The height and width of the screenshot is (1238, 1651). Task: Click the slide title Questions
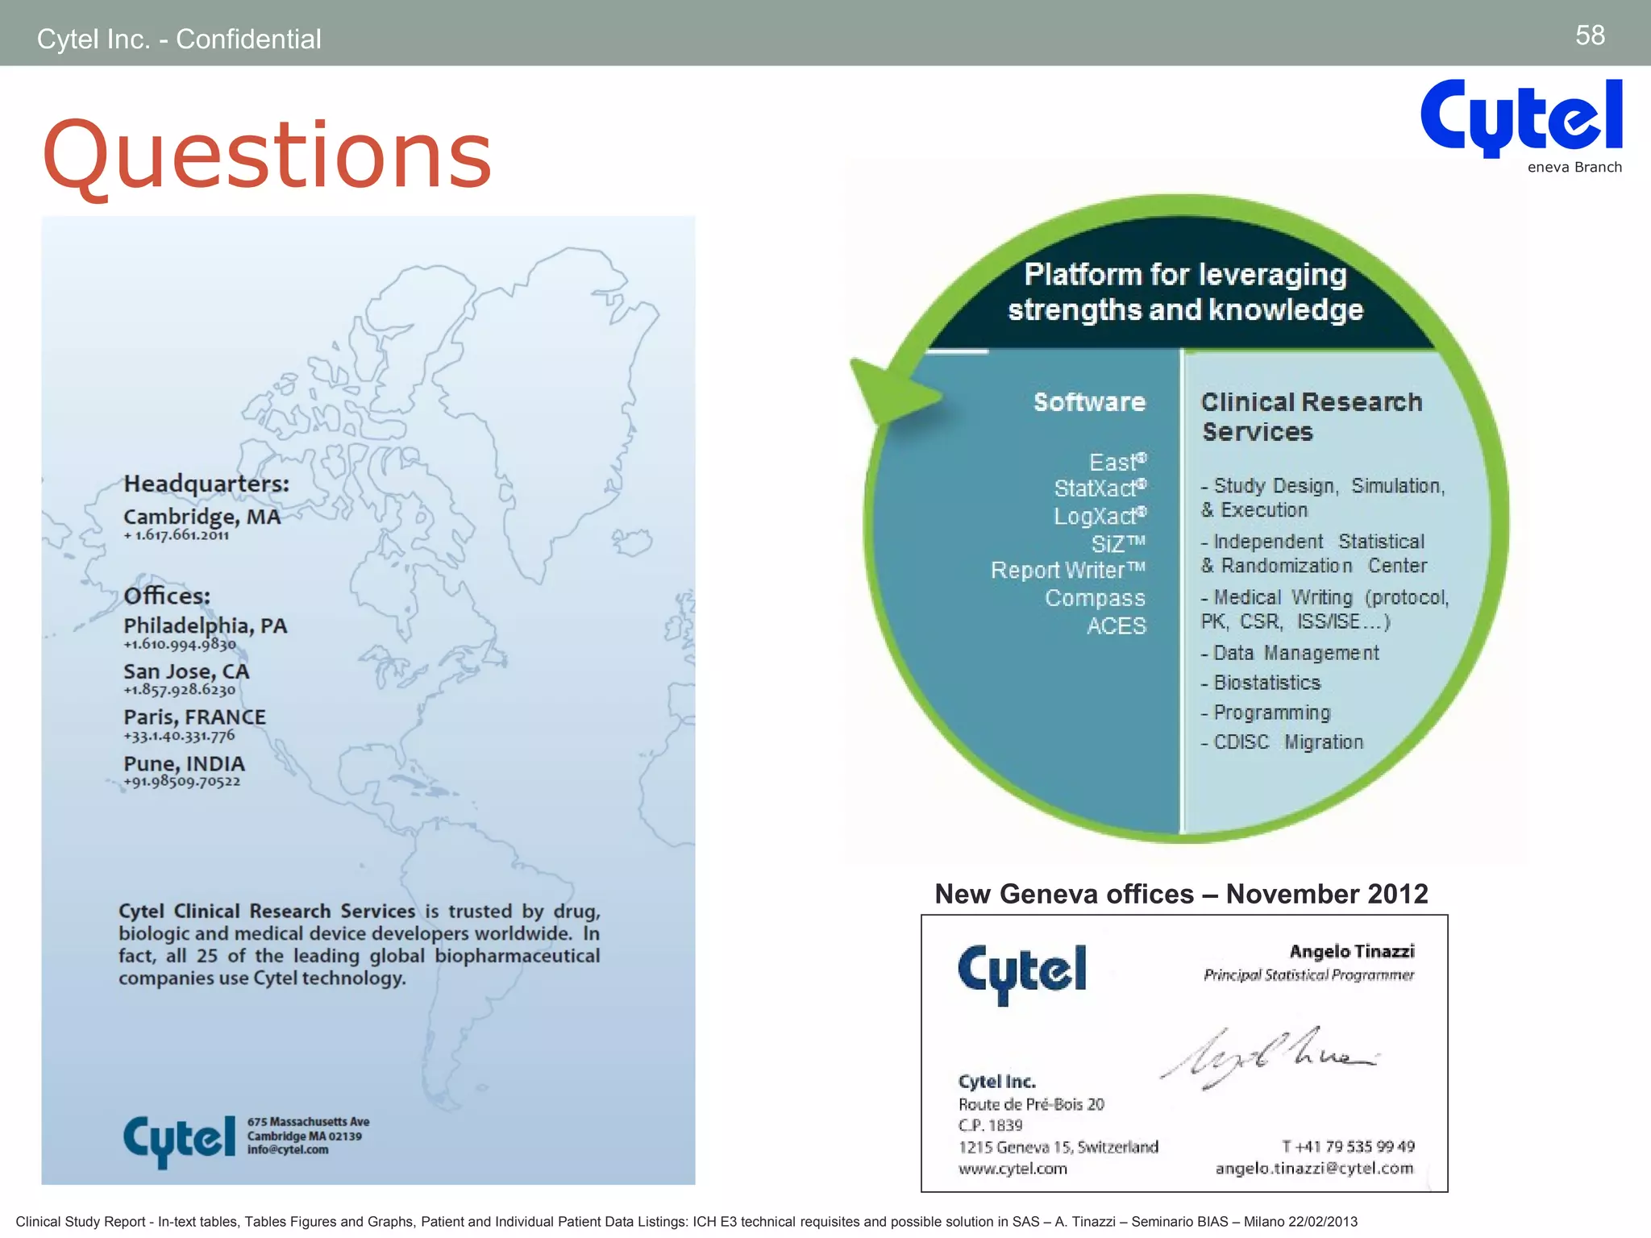coord(267,155)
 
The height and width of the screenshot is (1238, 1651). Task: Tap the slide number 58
coord(1590,35)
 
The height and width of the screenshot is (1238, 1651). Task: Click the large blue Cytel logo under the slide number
coord(1520,117)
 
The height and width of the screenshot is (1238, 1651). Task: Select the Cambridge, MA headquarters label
coord(202,517)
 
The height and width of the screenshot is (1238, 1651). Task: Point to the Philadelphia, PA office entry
coord(205,626)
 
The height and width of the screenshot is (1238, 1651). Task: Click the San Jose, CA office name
coord(186,671)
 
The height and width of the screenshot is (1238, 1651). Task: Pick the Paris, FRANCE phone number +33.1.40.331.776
coord(179,735)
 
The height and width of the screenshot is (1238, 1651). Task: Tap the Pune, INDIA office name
coord(184,763)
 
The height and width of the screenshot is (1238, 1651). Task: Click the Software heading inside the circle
coord(1089,402)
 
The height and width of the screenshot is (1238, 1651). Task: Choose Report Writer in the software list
coord(1067,571)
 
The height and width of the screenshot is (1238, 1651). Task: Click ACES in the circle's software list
coord(1116,626)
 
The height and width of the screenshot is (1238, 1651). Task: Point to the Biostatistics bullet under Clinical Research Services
coord(1266,683)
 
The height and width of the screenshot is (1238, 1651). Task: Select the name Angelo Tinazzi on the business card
coord(1351,952)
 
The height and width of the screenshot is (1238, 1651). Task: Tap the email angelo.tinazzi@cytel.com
coord(1314,1169)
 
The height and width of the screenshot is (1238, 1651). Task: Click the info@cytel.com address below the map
coord(288,1150)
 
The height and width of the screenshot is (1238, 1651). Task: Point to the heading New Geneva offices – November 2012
coord(1181,894)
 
